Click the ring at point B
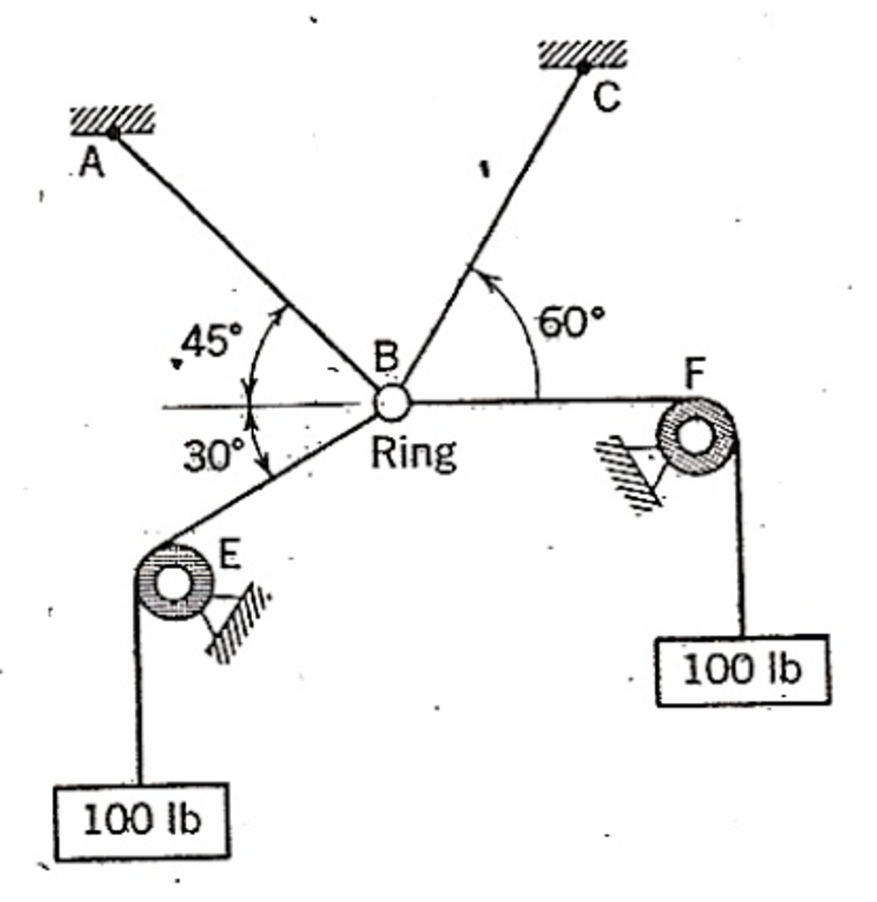pos(391,403)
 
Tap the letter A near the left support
pos(91,164)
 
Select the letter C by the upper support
pos(606,99)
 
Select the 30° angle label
pos(212,455)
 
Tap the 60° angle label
pos(573,323)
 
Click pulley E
pos(173,581)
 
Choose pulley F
pos(695,437)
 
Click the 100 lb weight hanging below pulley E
pos(142,820)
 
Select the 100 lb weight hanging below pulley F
pos(742,670)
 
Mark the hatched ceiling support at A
pos(112,119)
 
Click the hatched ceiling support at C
pos(583,53)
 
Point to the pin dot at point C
pos(583,68)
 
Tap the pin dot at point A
pos(113,134)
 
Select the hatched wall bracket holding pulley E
pos(236,624)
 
